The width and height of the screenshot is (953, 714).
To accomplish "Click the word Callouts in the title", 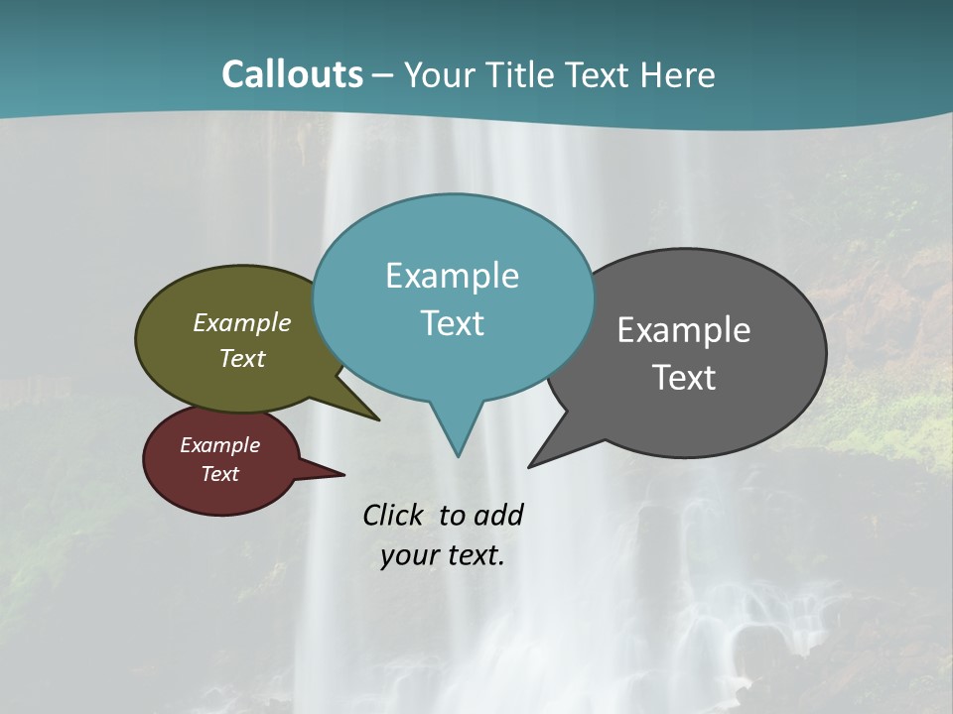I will pos(292,74).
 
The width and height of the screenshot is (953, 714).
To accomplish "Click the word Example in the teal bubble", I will pos(452,276).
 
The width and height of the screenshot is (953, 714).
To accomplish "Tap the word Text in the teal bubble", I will pos(452,323).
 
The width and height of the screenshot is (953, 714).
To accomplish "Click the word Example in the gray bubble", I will pos(684,330).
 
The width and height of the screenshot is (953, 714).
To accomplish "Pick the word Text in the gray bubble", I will pos(684,378).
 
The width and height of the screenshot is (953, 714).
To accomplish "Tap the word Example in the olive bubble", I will pos(241,322).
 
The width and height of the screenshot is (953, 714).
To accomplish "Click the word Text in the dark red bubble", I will pos(219,474).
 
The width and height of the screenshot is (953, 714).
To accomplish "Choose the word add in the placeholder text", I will pos(498,515).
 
